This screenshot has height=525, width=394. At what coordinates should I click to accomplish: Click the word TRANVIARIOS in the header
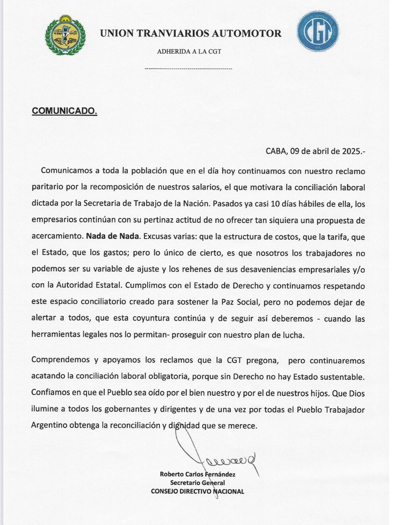[x=172, y=33]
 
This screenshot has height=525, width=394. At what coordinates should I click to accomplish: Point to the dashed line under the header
[x=188, y=69]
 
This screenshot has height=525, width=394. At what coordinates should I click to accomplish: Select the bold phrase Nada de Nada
[x=112, y=237]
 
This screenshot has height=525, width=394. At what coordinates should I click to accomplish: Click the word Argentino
[x=49, y=426]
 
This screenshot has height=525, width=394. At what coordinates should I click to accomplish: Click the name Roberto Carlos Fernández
[x=197, y=474]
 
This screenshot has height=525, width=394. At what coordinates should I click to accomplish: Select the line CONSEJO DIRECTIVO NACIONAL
[x=197, y=492]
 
